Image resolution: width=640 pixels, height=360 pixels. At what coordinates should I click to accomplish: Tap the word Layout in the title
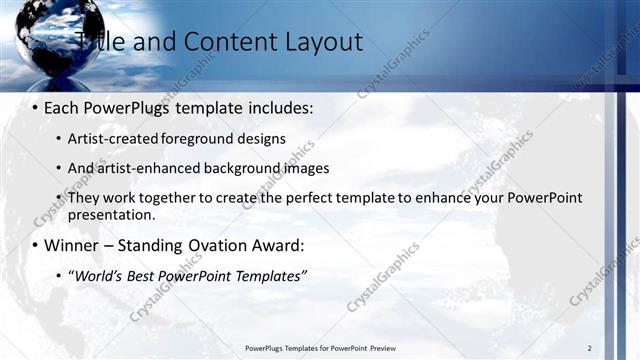319,41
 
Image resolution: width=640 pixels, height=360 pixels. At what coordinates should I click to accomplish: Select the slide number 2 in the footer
589,348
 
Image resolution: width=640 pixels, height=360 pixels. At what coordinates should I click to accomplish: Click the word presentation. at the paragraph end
112,215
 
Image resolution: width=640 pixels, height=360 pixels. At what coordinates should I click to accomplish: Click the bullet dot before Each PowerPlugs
35,106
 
